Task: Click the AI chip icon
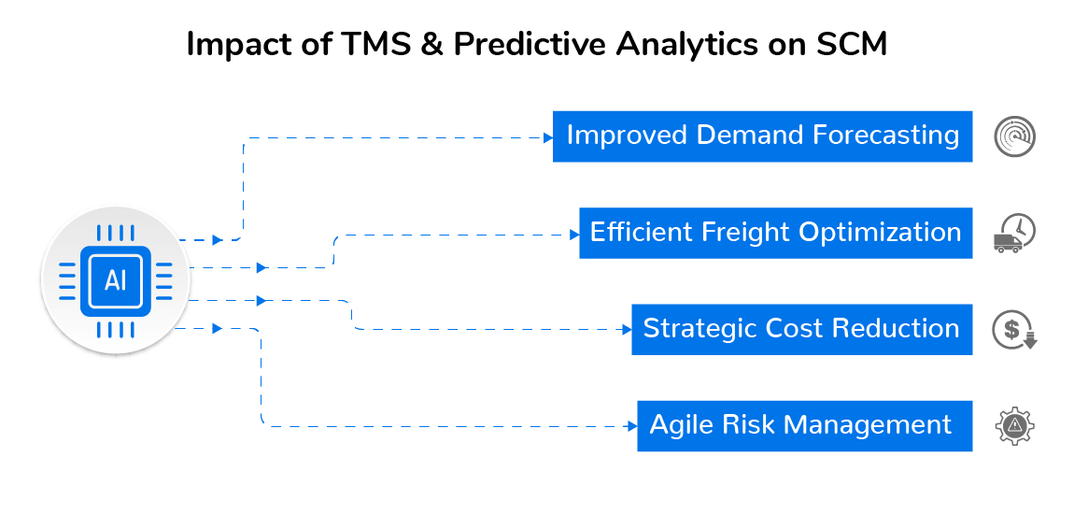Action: click(115, 280)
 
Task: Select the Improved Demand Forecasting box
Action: click(762, 136)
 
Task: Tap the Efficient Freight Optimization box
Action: click(776, 233)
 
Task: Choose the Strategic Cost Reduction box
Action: click(802, 330)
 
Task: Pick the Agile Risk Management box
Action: click(805, 426)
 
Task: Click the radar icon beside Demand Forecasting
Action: click(1014, 136)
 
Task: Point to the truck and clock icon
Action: click(1014, 233)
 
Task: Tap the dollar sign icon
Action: click(1014, 330)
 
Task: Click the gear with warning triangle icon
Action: click(1014, 426)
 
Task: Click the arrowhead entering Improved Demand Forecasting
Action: click(548, 137)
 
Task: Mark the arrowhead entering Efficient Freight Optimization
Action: click(575, 235)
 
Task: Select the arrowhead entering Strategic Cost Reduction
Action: click(628, 330)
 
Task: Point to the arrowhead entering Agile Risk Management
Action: click(633, 426)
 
